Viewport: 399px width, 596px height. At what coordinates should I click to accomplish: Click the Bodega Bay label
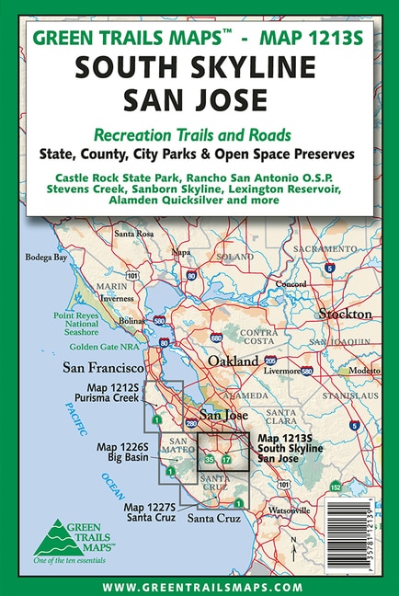click(46, 258)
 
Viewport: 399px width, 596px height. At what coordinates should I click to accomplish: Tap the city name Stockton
click(345, 314)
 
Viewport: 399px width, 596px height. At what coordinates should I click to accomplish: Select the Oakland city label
click(232, 361)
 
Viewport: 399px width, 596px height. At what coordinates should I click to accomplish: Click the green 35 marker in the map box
click(210, 459)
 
